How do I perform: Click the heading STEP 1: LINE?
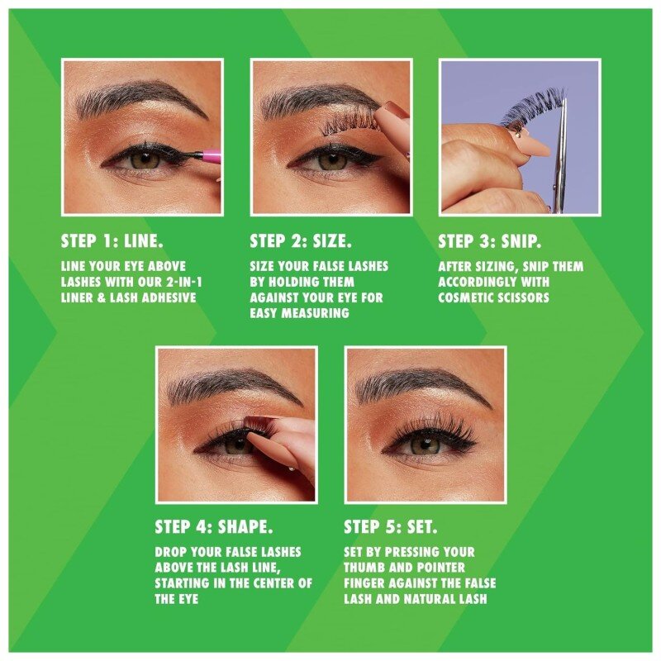(x=112, y=240)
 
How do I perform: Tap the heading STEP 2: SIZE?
(x=301, y=240)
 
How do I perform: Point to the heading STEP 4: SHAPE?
(x=213, y=526)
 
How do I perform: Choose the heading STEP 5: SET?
(x=391, y=526)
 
